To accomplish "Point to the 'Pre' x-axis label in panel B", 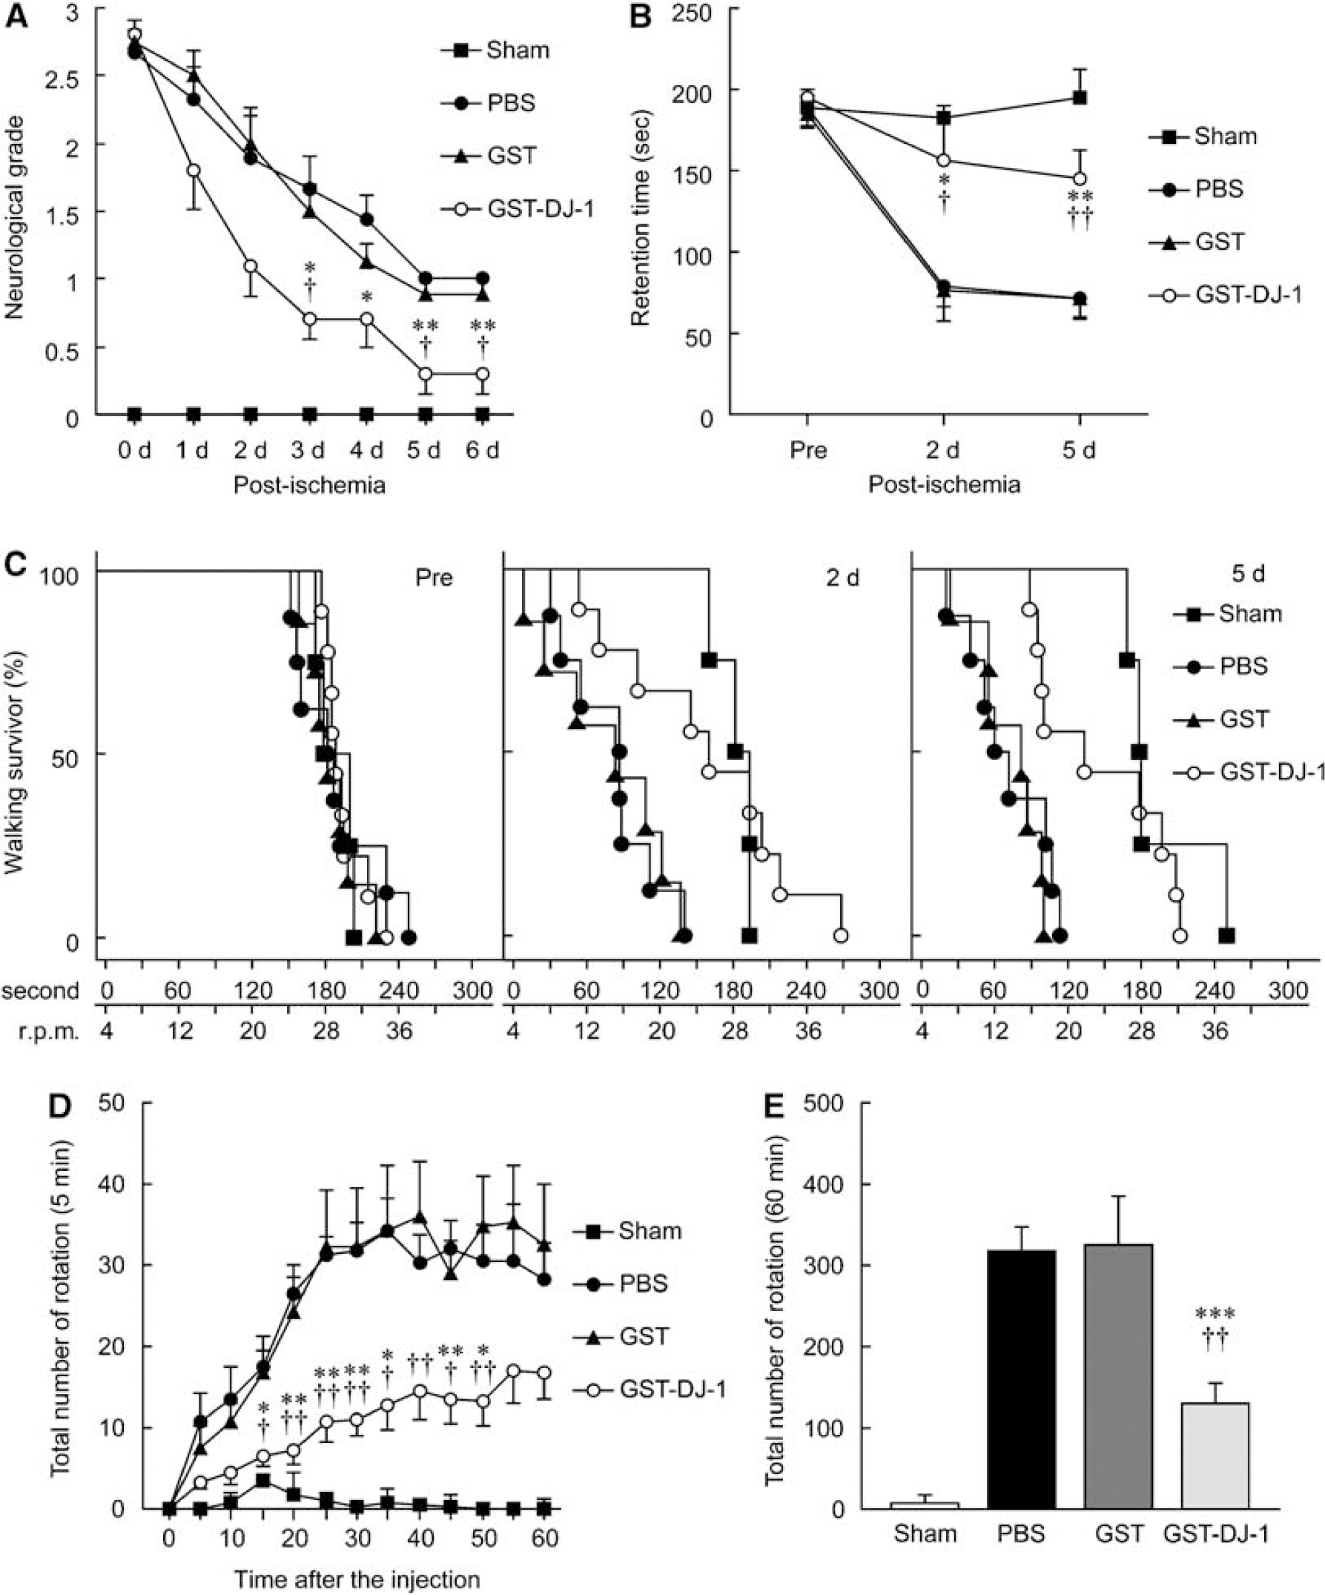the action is click(x=808, y=449).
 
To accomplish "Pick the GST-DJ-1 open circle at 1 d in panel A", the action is click(x=194, y=170).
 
